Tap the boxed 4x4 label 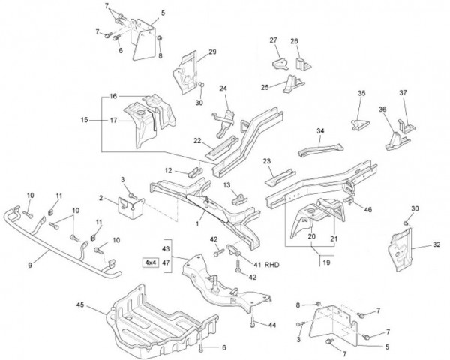click(149, 262)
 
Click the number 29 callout click(212, 52)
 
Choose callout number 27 click(273, 40)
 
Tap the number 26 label click(294, 41)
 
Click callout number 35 click(361, 93)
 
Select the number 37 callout click(403, 93)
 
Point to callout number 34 click(320, 130)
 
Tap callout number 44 click(272, 325)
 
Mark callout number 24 click(223, 89)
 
